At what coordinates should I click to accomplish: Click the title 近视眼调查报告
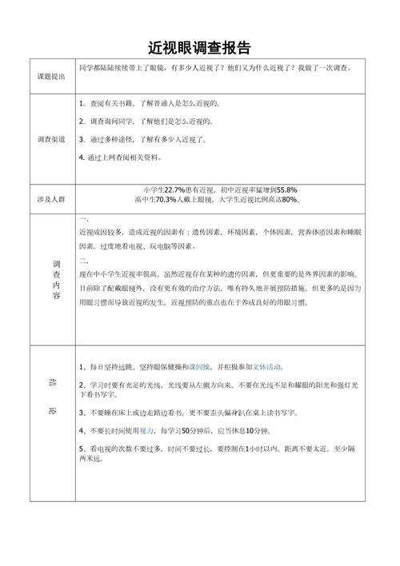point(200,47)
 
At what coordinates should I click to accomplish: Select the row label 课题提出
point(52,77)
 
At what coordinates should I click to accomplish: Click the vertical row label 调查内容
point(55,280)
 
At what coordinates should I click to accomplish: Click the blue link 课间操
point(198,367)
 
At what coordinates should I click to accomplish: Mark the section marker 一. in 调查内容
point(83,218)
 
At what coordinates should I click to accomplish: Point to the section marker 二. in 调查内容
point(83,261)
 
